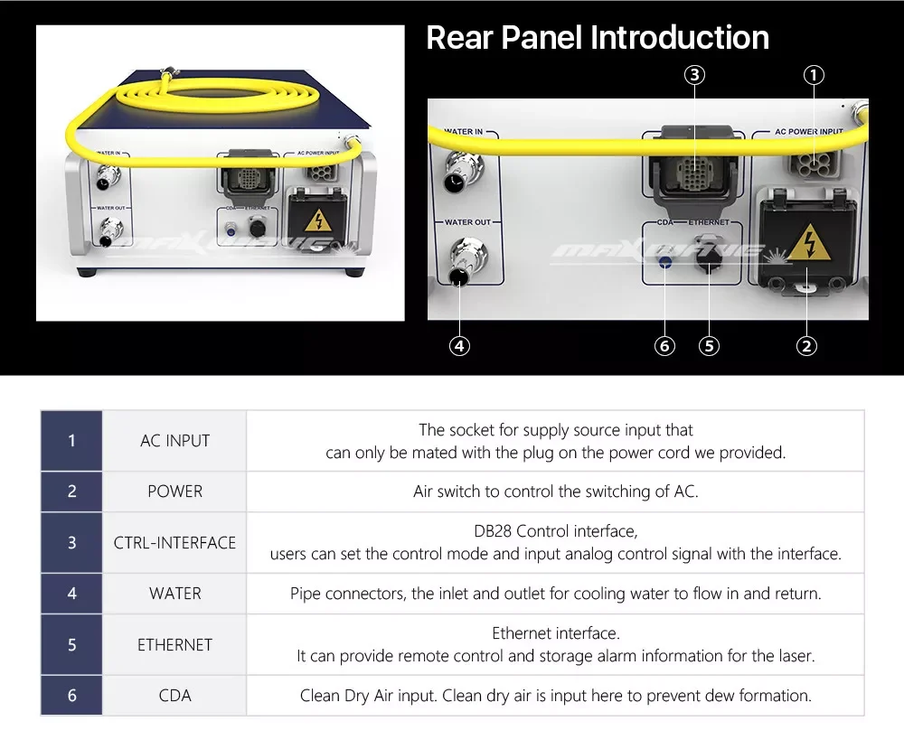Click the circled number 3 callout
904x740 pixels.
point(694,75)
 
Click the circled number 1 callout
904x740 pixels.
point(814,75)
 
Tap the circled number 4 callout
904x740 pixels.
point(459,346)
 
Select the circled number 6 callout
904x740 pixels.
point(664,346)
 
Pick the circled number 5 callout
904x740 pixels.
point(709,346)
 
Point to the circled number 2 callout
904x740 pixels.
point(806,346)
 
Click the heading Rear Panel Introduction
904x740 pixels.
point(598,38)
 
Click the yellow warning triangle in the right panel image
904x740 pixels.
point(809,243)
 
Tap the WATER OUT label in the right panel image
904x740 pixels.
point(467,222)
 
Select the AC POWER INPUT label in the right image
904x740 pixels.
point(809,131)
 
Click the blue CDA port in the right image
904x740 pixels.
point(665,262)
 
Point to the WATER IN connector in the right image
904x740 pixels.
point(463,171)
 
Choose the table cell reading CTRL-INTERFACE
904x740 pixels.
point(174,542)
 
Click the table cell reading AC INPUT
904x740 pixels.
point(174,441)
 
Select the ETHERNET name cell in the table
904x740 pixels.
point(174,644)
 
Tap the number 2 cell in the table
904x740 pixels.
point(71,492)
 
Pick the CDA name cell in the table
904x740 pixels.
point(174,696)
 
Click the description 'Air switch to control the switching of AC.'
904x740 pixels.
point(556,492)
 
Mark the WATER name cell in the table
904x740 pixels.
point(174,594)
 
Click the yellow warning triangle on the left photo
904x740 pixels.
point(317,220)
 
